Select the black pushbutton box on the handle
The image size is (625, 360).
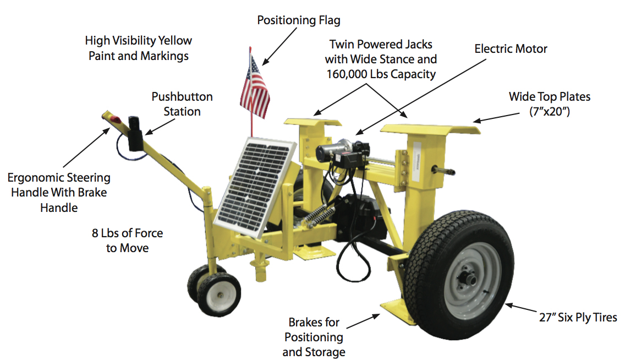pyautogui.click(x=135, y=134)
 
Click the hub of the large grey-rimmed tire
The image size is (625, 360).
pyautogui.click(x=470, y=279)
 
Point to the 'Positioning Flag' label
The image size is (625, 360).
pyautogui.click(x=299, y=20)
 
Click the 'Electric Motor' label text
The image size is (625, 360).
pyautogui.click(x=511, y=48)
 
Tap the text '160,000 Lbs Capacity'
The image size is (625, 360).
pyautogui.click(x=381, y=74)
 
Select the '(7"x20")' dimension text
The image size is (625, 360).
pyautogui.click(x=550, y=112)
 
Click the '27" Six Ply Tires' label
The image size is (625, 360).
pyautogui.click(x=578, y=318)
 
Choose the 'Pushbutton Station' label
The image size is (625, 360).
pyautogui.click(x=182, y=103)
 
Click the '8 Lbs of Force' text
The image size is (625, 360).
pyautogui.click(x=128, y=233)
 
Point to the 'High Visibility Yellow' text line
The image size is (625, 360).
pyautogui.click(x=138, y=40)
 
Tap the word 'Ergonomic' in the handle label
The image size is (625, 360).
pyautogui.click(x=35, y=177)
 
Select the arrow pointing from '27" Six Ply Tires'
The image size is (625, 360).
pyautogui.click(x=521, y=308)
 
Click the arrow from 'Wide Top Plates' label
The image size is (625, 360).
pyautogui.click(x=496, y=117)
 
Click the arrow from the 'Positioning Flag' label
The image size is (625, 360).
pyautogui.click(x=279, y=46)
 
